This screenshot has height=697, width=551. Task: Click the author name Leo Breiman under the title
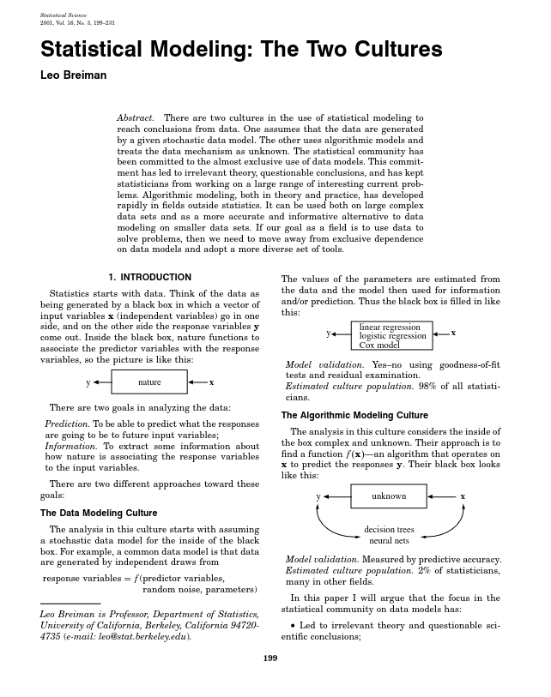click(x=74, y=75)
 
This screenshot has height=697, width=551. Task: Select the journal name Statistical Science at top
click(x=64, y=15)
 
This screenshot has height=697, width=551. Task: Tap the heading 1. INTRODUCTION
click(x=149, y=277)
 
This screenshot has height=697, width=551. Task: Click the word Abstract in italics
click(x=136, y=117)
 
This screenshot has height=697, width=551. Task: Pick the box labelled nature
click(x=149, y=382)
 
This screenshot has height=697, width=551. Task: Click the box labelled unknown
click(x=389, y=496)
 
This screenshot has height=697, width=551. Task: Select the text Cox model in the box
click(x=379, y=345)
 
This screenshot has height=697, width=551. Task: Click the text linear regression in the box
click(x=390, y=327)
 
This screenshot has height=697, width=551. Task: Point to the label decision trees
click(x=389, y=529)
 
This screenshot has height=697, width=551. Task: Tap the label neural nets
click(x=389, y=541)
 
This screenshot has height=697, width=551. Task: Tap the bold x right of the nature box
click(x=211, y=382)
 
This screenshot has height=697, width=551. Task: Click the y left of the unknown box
click(x=318, y=496)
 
